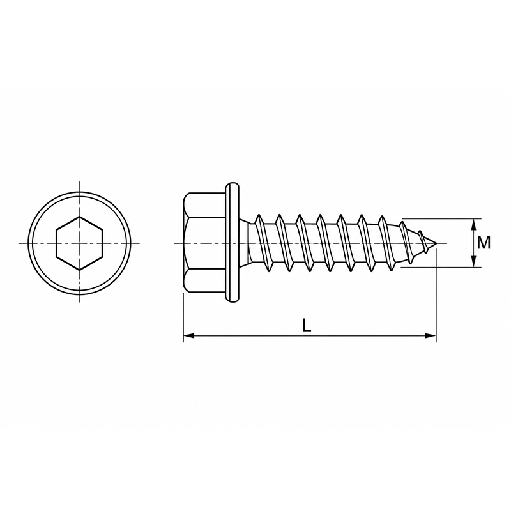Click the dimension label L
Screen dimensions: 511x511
307,325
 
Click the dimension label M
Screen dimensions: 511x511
484,243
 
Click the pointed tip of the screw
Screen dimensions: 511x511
436,243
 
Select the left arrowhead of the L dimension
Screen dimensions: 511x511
189,336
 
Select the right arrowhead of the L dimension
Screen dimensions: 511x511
431,336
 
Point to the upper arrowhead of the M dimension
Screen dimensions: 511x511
474,225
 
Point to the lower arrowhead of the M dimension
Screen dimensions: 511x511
474,261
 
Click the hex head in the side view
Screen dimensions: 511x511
204,243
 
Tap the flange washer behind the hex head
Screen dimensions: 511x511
232,243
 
